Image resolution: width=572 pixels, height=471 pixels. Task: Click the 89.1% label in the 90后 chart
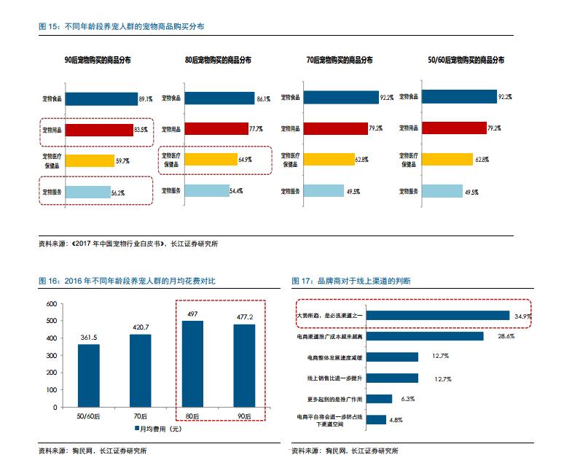pyautogui.click(x=145, y=98)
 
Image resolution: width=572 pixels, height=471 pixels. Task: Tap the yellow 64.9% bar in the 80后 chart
pyautogui.click(x=211, y=158)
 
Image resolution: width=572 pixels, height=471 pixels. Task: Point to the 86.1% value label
pyautogui.click(x=263, y=98)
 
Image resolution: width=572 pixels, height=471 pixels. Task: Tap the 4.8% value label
pyautogui.click(x=395, y=420)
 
